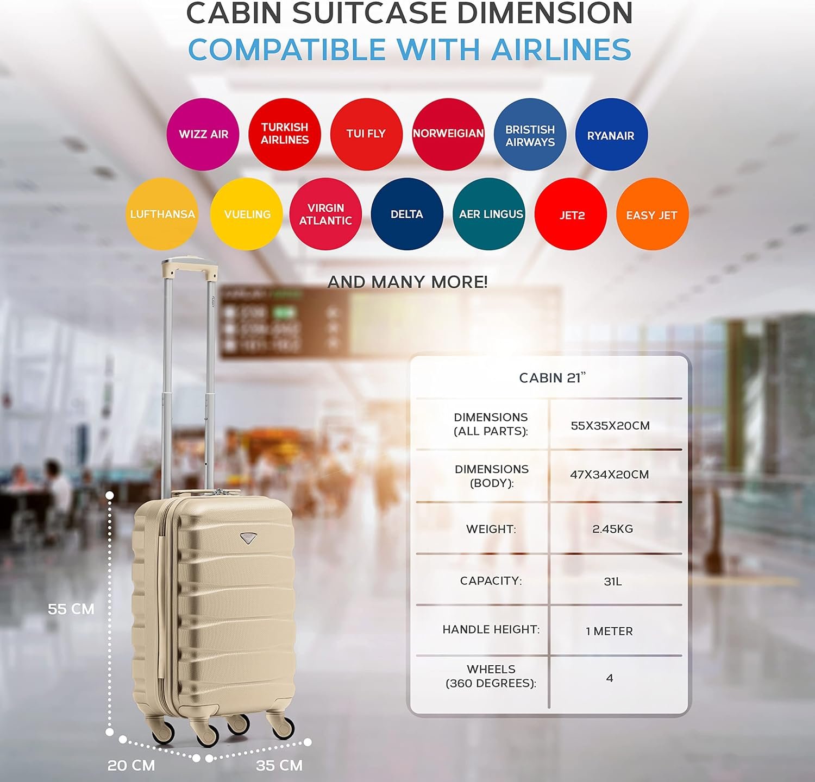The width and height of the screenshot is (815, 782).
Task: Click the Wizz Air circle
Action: pos(203,134)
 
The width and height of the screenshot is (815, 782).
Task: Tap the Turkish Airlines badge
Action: pos(285,134)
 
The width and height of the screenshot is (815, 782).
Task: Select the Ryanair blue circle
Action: pos(611,135)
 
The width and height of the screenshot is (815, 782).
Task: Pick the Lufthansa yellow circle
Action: pos(162,214)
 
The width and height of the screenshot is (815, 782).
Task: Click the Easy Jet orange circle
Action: pos(652,215)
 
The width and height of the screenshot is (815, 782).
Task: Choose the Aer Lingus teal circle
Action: pos(489,214)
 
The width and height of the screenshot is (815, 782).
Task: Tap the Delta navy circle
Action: pos(407,214)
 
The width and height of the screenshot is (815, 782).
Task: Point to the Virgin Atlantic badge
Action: pos(325,214)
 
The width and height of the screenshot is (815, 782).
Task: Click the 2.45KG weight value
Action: pos(613,528)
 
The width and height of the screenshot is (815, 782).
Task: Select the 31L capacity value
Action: pos(613,581)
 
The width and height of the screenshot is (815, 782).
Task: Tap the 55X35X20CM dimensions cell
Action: pos(610,425)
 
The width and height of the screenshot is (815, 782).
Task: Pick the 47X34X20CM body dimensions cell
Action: pos(610,474)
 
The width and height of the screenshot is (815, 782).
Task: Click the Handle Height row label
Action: pos(491,629)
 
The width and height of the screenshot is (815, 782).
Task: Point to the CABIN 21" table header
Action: pos(553,377)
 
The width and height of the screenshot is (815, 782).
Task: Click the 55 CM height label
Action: pos(71,609)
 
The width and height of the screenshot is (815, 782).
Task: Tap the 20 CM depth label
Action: pos(131,765)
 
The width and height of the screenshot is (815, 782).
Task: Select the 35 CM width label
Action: pos(279,765)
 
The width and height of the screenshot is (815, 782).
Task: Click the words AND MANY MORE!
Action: pos(407,282)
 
